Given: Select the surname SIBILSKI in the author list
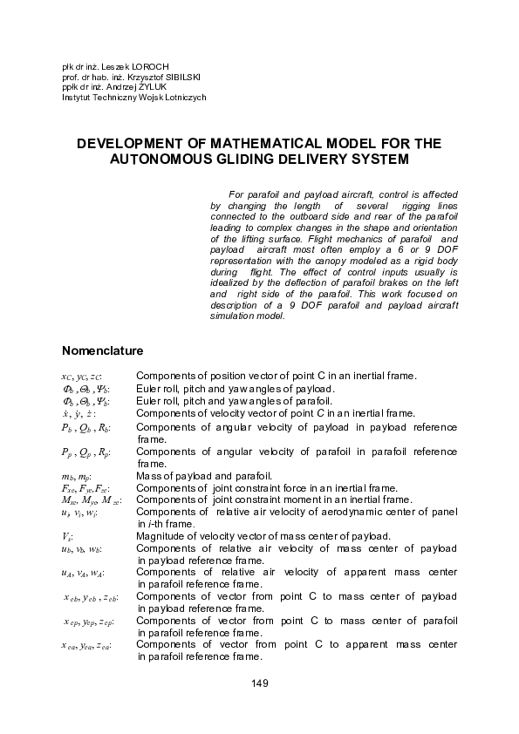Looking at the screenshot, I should [x=177, y=77].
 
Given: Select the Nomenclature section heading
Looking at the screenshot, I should [x=102, y=351].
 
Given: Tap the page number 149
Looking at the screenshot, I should [x=259, y=682].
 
